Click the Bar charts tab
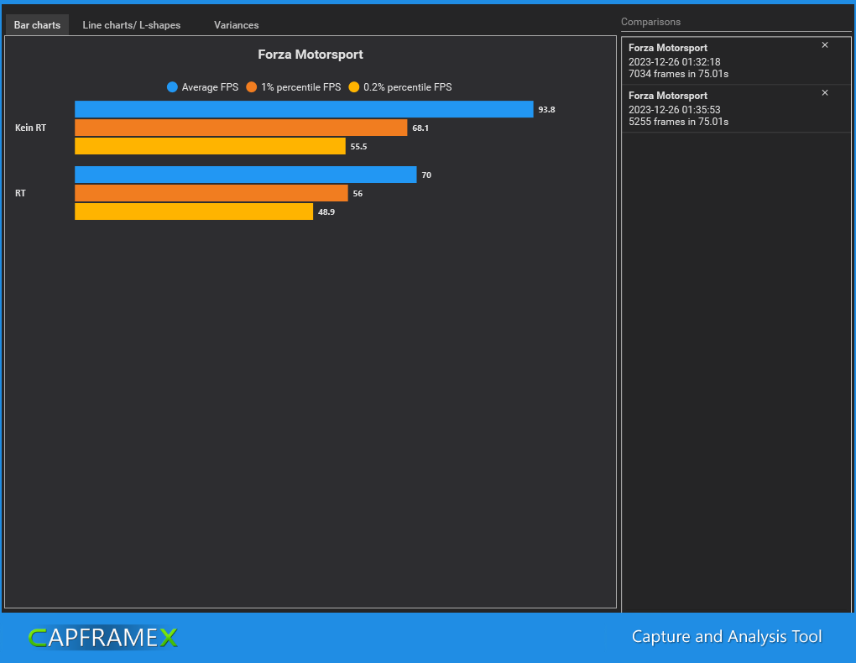(x=37, y=25)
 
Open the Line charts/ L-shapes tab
(x=131, y=25)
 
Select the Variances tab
(x=236, y=25)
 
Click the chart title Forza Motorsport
(x=310, y=55)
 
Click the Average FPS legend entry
(x=203, y=87)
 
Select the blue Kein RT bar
(x=304, y=109)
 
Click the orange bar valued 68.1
(x=241, y=128)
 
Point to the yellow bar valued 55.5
(x=210, y=146)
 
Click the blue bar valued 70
(x=245, y=175)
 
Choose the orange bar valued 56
(x=211, y=193)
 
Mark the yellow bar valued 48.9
(x=194, y=211)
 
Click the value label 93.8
(x=546, y=110)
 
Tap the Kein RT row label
(x=30, y=128)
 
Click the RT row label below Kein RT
(x=20, y=193)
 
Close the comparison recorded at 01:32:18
(x=825, y=45)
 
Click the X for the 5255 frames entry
(x=825, y=93)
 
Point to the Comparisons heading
(x=650, y=22)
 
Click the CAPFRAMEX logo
(x=102, y=638)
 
